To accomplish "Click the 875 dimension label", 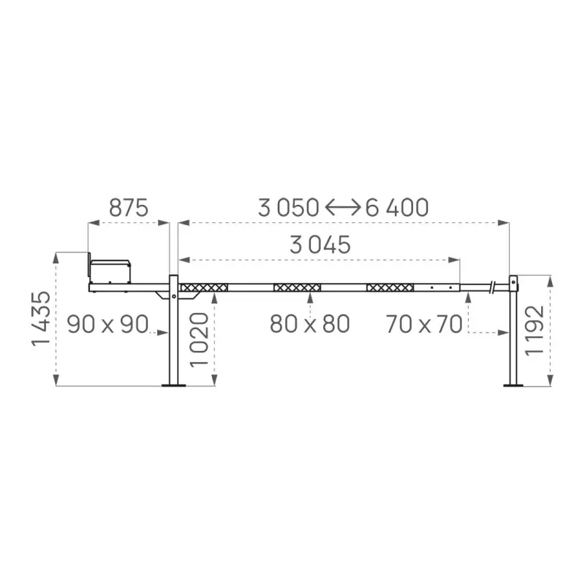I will pyautogui.click(x=129, y=208).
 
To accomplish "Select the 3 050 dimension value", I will pyautogui.click(x=288, y=208).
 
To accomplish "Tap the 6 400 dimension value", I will pyautogui.click(x=397, y=208).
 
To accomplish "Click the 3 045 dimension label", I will pyautogui.click(x=320, y=245).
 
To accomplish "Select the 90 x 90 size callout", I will pyautogui.click(x=107, y=323).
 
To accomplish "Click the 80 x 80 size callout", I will pyautogui.click(x=309, y=323).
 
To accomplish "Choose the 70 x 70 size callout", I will pyautogui.click(x=425, y=323).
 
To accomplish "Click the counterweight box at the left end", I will pyautogui.click(x=110, y=271).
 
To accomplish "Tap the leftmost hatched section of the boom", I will pyautogui.click(x=204, y=287).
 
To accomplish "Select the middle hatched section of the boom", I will pyautogui.click(x=297, y=287).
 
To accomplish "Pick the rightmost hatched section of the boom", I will pyautogui.click(x=390, y=287).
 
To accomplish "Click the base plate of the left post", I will pyautogui.click(x=173, y=385).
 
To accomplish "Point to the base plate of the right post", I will pyautogui.click(x=513, y=385).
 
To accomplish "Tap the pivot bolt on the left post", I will pyautogui.click(x=173, y=297).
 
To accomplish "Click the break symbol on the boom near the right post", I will pyautogui.click(x=496, y=287).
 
